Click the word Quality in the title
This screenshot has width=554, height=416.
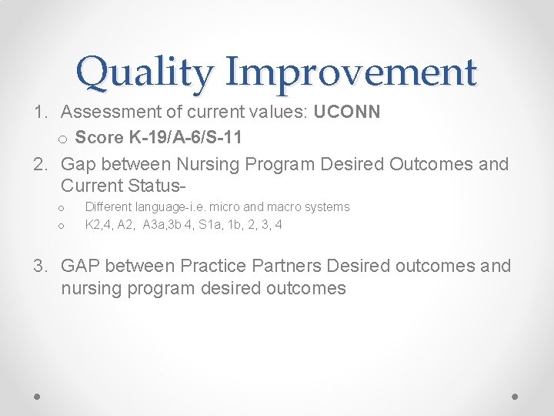(x=143, y=72)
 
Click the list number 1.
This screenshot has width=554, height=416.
(x=40, y=112)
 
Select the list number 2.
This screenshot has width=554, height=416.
(x=40, y=164)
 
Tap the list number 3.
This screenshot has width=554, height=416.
(x=40, y=267)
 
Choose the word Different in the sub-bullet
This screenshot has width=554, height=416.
(x=108, y=207)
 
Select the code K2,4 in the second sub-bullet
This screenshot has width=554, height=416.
(x=98, y=225)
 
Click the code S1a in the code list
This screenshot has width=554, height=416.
(x=211, y=225)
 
